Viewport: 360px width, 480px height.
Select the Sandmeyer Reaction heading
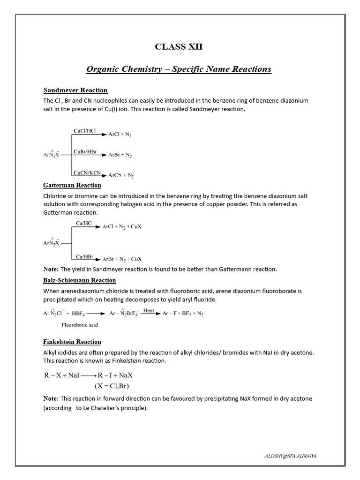75,90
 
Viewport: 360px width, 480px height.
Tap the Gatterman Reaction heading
72,185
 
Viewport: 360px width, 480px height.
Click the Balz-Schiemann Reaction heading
80,280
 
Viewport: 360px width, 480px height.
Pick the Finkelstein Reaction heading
72,342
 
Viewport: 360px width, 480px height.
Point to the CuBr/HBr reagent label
85,151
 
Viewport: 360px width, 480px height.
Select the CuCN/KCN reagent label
87,172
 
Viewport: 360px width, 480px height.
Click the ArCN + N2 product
121,176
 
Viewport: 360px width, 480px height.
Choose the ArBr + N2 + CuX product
122,259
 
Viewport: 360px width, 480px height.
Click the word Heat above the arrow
149,310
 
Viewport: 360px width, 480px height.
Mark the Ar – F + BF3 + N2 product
183,314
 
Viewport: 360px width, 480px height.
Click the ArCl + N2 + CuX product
122,226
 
